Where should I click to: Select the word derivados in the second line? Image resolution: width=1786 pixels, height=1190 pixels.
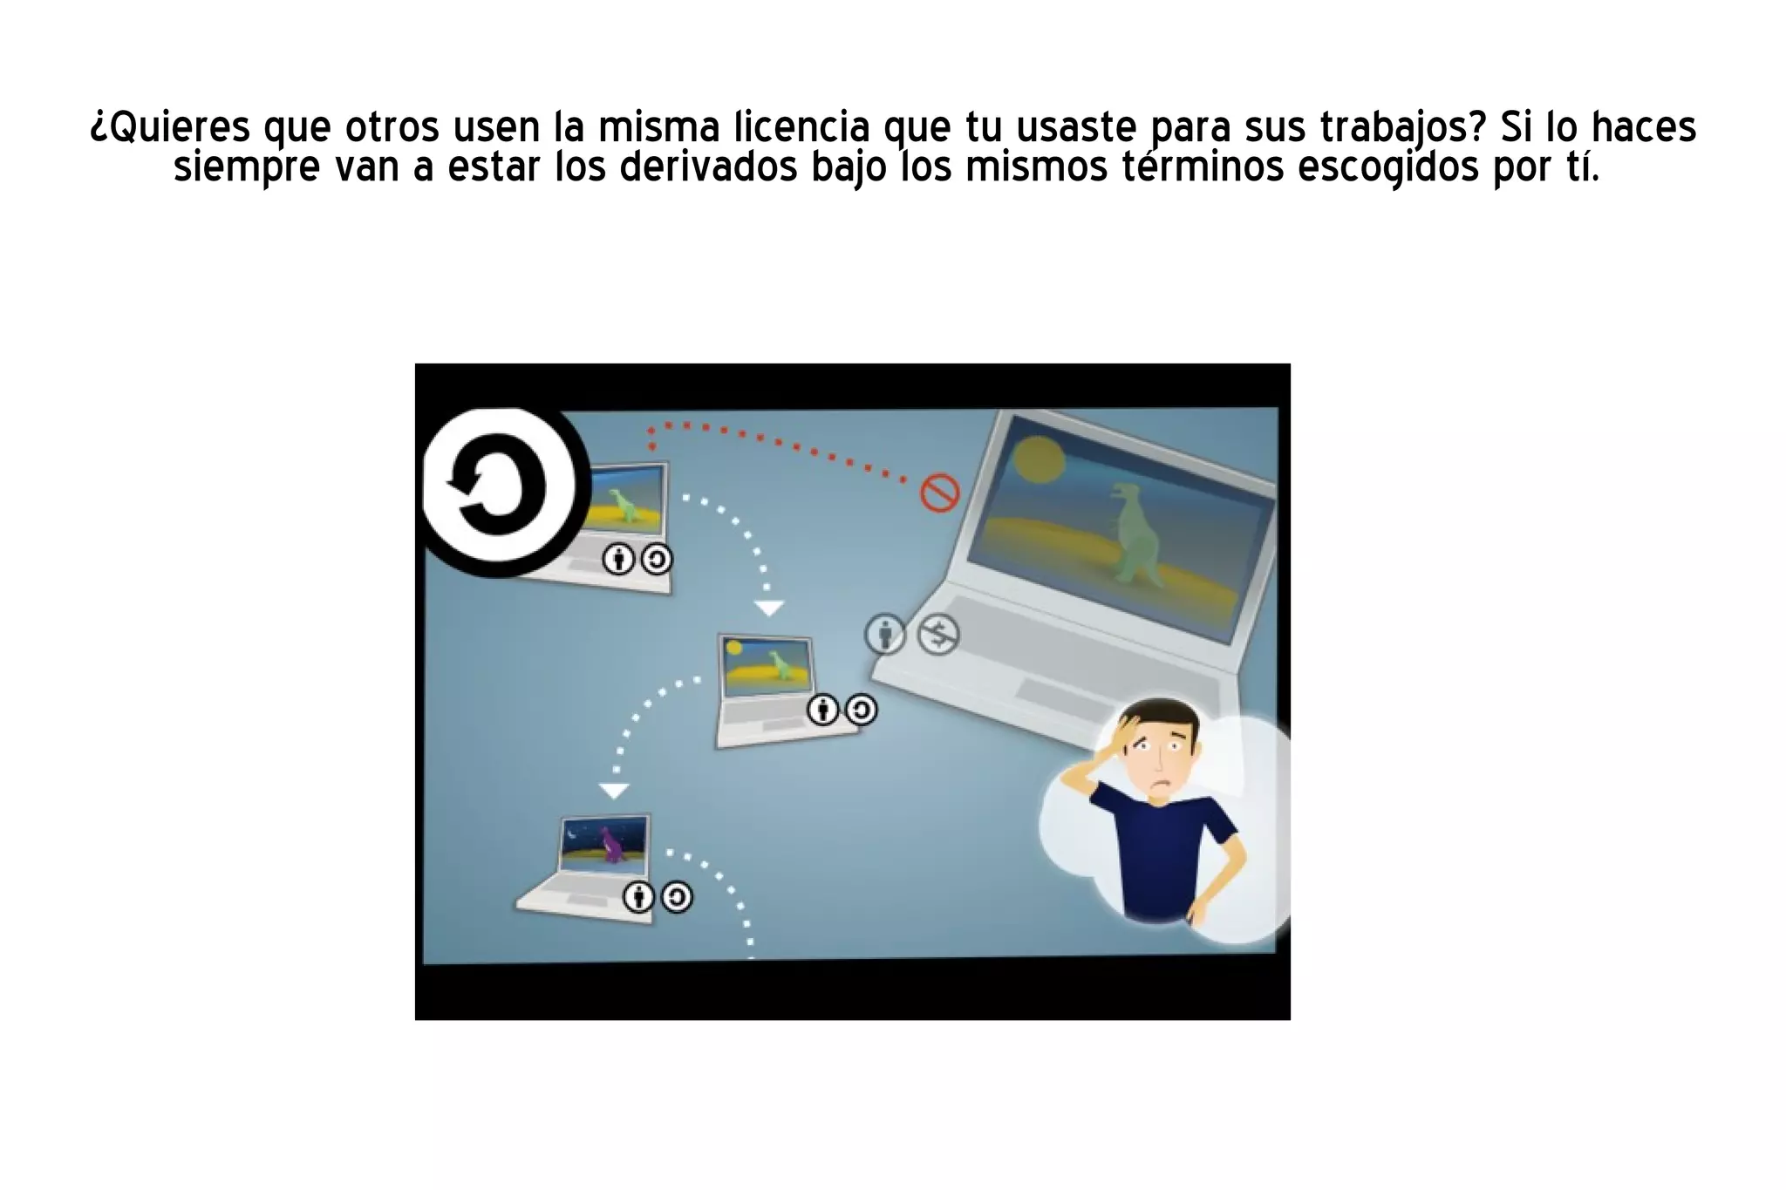pyautogui.click(x=709, y=167)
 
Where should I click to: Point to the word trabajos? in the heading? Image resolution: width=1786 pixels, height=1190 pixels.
pyautogui.click(x=1402, y=128)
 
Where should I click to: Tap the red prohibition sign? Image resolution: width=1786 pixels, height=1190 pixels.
pyautogui.click(x=940, y=493)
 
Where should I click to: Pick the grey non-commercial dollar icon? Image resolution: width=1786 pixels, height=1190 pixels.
pyautogui.click(x=938, y=635)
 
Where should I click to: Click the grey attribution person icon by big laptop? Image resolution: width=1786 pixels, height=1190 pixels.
pyautogui.click(x=885, y=634)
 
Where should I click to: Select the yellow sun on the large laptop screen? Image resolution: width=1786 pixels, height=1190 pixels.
pyautogui.click(x=1038, y=459)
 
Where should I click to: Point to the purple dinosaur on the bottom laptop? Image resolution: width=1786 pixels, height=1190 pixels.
pyautogui.click(x=613, y=845)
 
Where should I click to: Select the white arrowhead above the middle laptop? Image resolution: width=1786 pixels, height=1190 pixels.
pyautogui.click(x=768, y=608)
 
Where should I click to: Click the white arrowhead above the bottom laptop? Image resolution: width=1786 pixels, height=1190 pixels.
pyautogui.click(x=614, y=791)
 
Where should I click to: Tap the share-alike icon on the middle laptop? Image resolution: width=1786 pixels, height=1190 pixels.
pyautogui.click(x=861, y=710)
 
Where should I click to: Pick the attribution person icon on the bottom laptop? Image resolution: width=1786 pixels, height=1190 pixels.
pyautogui.click(x=638, y=896)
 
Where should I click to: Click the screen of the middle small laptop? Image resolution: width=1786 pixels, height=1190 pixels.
pyautogui.click(x=765, y=666)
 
